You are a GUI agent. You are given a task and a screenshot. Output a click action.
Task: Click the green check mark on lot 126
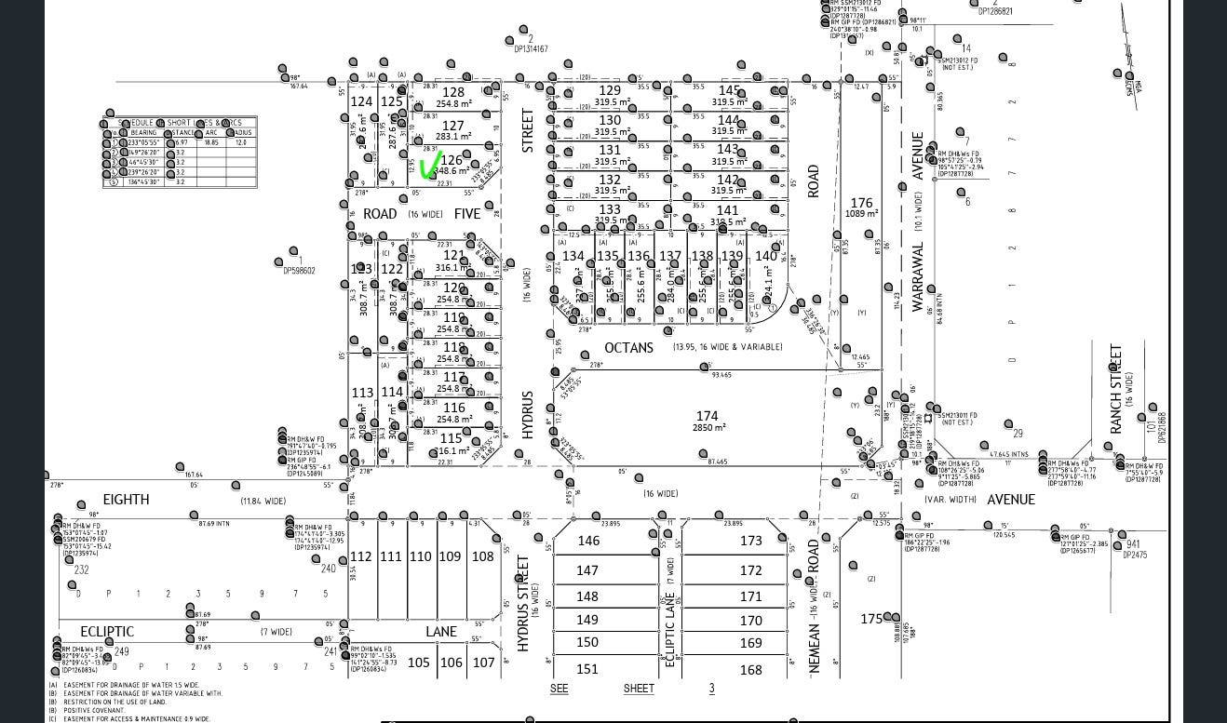point(430,167)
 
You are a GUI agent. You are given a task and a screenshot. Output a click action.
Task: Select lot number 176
point(862,203)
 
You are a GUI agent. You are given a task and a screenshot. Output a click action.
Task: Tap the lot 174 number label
point(708,416)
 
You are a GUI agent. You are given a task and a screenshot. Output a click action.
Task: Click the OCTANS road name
point(628,347)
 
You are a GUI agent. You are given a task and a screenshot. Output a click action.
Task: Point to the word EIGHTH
point(126,500)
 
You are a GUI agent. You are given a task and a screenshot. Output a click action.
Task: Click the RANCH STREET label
point(1115,389)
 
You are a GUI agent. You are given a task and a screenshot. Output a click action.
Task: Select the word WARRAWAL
point(917,276)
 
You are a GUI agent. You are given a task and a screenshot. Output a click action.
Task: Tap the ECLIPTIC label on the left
point(107,632)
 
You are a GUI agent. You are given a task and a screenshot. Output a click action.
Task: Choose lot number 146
point(588,541)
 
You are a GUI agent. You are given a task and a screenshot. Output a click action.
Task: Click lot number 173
point(750,541)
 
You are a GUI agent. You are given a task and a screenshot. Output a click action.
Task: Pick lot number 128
point(453,92)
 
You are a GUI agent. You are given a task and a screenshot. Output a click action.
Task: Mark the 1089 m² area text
point(862,214)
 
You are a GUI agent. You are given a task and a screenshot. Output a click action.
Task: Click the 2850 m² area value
point(708,427)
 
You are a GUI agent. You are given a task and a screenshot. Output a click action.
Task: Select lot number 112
point(360,556)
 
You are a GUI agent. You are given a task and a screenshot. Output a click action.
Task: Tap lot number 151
point(587,669)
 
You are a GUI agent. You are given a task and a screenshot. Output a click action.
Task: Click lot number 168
point(750,670)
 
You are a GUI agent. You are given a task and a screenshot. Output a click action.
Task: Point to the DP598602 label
point(300,271)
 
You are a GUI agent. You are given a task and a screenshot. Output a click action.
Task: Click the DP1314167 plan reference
point(530,49)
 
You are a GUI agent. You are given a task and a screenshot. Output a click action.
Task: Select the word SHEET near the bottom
point(639,689)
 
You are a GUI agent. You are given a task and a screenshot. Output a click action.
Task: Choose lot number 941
point(1133,545)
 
